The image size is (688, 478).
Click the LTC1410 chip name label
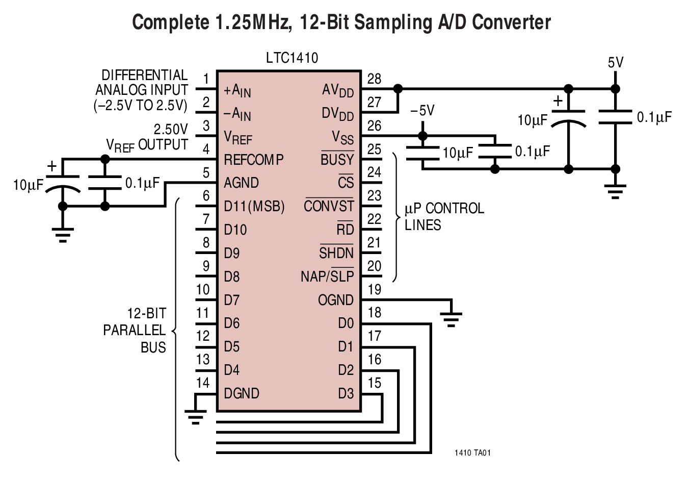pos(292,58)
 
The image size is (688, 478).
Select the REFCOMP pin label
pos(253,160)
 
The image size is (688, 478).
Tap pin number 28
pos(374,79)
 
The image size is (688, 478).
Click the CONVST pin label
pos(329,206)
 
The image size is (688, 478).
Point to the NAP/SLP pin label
pos(327,276)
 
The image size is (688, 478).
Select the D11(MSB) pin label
pos(254,207)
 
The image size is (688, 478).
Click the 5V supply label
pos(616,63)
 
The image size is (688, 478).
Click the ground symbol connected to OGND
pos(451,319)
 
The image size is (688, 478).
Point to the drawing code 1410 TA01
pos(472,452)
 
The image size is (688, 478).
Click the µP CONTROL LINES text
pos(443,216)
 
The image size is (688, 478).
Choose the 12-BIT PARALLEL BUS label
pos(135,330)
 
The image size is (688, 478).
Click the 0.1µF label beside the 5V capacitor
pos(654,117)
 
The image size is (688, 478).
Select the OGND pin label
pos(335,300)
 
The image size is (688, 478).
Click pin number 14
pos(202,383)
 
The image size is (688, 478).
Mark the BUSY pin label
pos(337,160)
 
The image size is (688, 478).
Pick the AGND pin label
pos(241,183)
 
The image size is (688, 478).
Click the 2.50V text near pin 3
pos(171,129)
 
